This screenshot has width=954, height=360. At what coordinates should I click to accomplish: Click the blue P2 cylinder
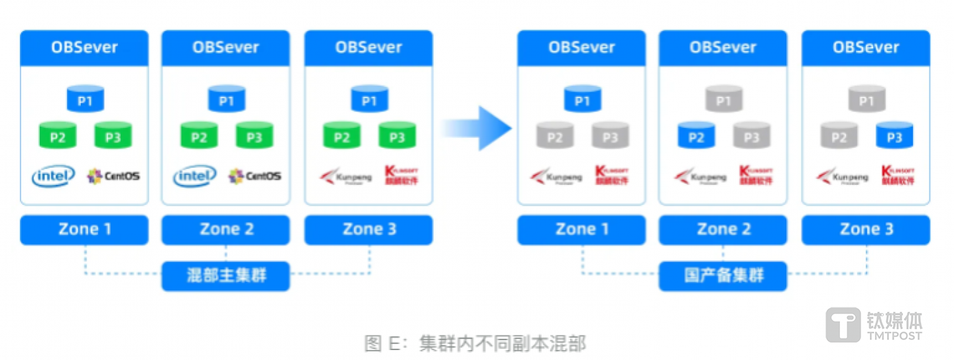tap(695, 136)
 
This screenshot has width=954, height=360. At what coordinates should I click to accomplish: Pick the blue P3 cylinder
tap(894, 136)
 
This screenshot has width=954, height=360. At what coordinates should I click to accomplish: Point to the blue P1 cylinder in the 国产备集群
tap(581, 100)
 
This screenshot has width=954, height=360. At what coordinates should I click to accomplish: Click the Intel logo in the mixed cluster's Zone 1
tap(53, 176)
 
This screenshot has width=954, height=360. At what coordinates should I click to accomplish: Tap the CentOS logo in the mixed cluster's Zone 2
tap(255, 176)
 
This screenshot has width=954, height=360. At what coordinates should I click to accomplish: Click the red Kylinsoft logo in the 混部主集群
tap(401, 175)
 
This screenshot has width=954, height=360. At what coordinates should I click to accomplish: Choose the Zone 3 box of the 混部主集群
tap(369, 230)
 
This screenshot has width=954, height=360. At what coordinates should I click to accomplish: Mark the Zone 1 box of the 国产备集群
tap(581, 230)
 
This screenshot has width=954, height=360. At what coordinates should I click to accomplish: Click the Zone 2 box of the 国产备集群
tap(723, 230)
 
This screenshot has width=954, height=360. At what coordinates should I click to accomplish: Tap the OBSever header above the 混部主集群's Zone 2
tap(225, 48)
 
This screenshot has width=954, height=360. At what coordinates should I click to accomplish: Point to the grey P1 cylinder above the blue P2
tap(723, 100)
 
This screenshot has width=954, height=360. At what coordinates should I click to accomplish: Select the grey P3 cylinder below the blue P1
tap(610, 136)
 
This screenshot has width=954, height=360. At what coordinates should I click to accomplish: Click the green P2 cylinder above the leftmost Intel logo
tap(57, 136)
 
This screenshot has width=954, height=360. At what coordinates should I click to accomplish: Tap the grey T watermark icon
tap(843, 325)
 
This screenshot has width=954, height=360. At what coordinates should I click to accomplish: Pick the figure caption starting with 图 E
tap(475, 343)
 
